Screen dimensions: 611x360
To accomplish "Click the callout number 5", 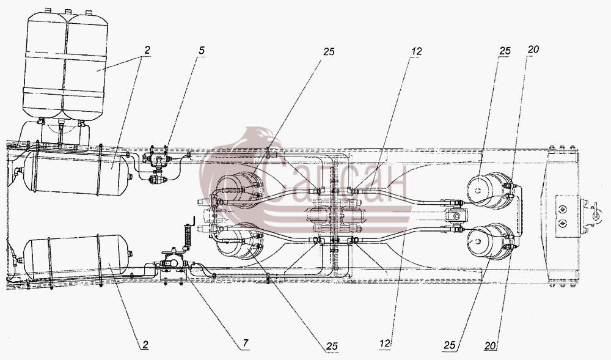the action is click(201, 51).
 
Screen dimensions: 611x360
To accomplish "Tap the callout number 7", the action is click(245, 343).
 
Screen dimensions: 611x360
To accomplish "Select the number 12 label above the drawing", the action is click(415, 51).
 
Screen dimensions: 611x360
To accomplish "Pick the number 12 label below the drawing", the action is click(384, 343).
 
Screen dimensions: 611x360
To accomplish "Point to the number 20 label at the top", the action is click(533, 49).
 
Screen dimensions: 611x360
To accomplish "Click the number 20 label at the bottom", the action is click(490, 345).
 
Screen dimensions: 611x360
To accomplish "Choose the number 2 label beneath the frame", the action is click(145, 345).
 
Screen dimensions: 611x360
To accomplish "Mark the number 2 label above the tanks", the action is click(147, 50).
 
